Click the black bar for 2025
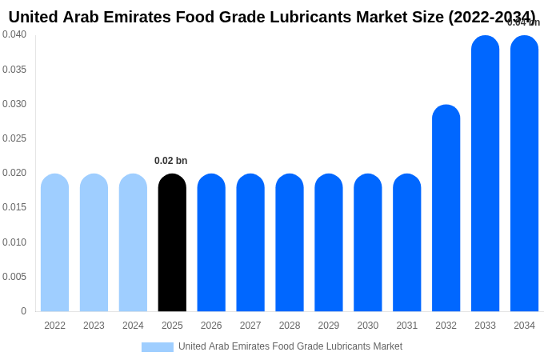pyautogui.click(x=172, y=242)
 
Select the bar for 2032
pyautogui.click(x=446, y=208)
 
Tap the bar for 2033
pyautogui.click(x=485, y=174)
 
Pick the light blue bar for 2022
pyautogui.click(x=54, y=242)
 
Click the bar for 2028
pyautogui.click(x=290, y=242)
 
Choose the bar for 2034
pyautogui.click(x=524, y=174)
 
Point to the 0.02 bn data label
pyautogui.click(x=170, y=161)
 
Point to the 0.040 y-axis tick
pyautogui.click(x=14, y=34)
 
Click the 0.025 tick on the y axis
pyautogui.click(x=14, y=138)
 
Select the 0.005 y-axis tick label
pyautogui.click(x=14, y=277)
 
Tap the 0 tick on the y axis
pyautogui.click(x=23, y=311)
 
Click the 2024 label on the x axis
pyautogui.click(x=133, y=326)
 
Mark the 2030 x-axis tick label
pyautogui.click(x=368, y=326)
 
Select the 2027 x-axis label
pyautogui.click(x=250, y=326)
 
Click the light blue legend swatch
pyautogui.click(x=158, y=347)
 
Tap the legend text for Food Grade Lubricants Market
pyautogui.click(x=290, y=346)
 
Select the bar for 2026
pyautogui.click(x=211, y=242)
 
